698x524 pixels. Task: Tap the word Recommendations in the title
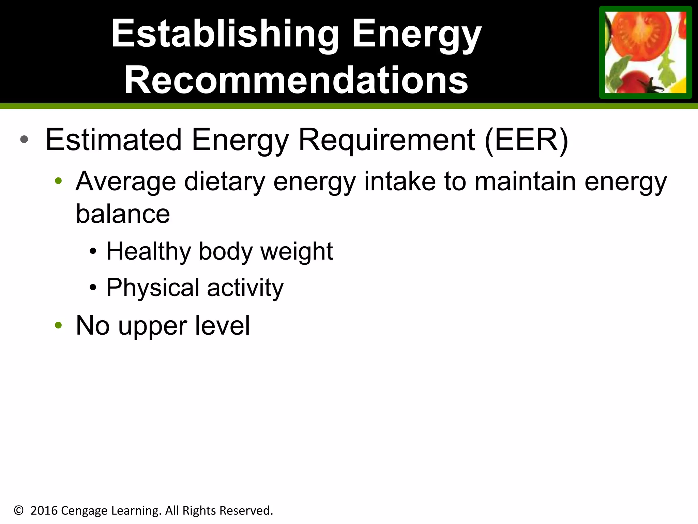(x=296, y=81)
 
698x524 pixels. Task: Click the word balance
(x=123, y=214)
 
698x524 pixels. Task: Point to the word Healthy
(x=149, y=251)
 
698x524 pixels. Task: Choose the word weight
(x=297, y=251)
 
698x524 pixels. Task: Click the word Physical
(x=153, y=288)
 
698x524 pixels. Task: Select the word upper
(x=152, y=326)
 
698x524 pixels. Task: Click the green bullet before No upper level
(x=58, y=325)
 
